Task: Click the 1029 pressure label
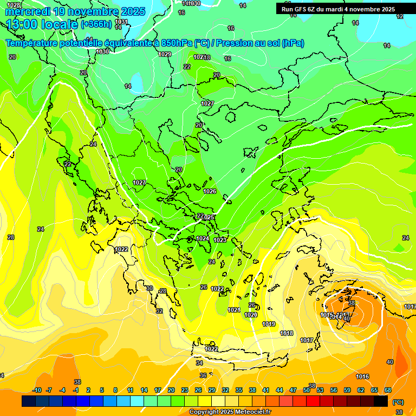coord(165,54)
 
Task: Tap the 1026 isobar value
coord(210,191)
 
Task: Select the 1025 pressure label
coord(209,217)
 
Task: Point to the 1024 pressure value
coord(203,238)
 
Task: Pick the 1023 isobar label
coord(220,240)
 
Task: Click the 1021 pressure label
coord(234,310)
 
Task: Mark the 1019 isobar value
coord(269,324)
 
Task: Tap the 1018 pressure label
coord(287,333)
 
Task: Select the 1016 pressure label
coord(362,376)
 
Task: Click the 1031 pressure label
coord(122,22)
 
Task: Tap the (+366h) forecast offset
coord(96,24)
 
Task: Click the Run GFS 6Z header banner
coord(338,9)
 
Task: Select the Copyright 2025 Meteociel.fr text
coord(230,412)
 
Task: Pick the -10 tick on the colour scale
coord(37,390)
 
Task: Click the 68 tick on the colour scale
coord(388,390)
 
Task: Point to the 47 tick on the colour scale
coord(293,390)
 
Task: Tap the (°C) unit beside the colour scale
coord(398,401)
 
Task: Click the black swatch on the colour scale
coord(381,401)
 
